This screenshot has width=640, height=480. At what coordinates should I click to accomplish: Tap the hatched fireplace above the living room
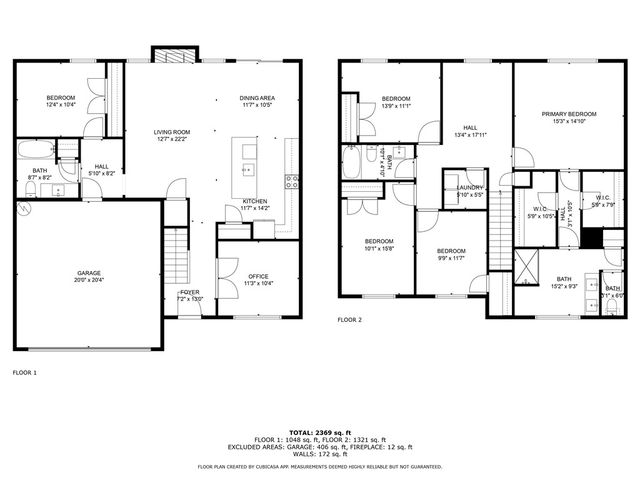click(x=165, y=53)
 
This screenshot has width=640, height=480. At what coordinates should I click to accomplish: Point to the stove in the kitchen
click(x=292, y=181)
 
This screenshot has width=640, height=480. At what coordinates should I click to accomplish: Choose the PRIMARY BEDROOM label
click(x=567, y=114)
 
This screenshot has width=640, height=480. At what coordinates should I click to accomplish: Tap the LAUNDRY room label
click(x=470, y=187)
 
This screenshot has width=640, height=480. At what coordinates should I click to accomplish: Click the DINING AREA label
click(x=257, y=97)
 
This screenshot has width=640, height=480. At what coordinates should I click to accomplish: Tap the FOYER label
click(x=189, y=292)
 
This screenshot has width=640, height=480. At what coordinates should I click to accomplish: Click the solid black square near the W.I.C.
click(x=591, y=238)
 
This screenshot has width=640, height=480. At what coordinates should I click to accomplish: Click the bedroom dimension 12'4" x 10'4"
click(x=62, y=105)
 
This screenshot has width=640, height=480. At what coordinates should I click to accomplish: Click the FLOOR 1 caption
click(x=24, y=372)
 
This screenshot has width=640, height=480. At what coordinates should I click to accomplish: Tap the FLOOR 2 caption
click(x=349, y=319)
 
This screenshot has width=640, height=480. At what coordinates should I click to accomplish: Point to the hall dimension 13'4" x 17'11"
click(x=470, y=135)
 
